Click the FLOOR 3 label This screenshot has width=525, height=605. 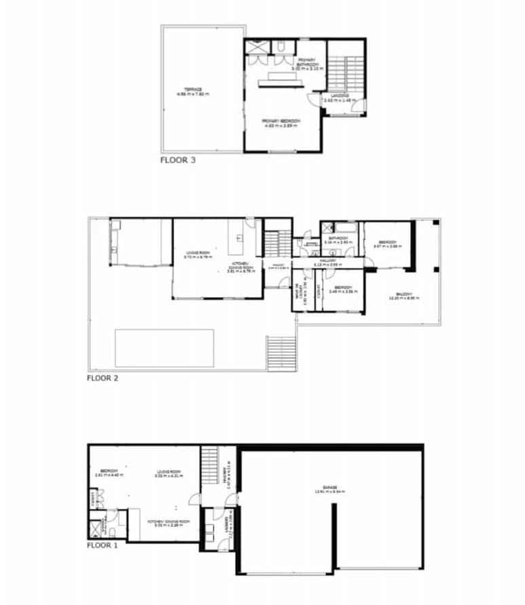pos(178,161)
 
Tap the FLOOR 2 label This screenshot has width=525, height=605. pos(103,378)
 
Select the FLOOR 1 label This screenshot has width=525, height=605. pos(103,545)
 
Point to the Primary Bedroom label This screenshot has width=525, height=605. pos(281,122)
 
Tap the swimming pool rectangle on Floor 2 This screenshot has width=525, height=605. pos(165,348)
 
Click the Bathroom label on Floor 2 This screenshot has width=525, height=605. pos(337,240)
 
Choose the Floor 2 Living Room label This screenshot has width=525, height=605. pos(199,257)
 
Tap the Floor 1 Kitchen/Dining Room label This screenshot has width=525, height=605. pos(168,523)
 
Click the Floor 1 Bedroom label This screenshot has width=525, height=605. pos(109,472)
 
